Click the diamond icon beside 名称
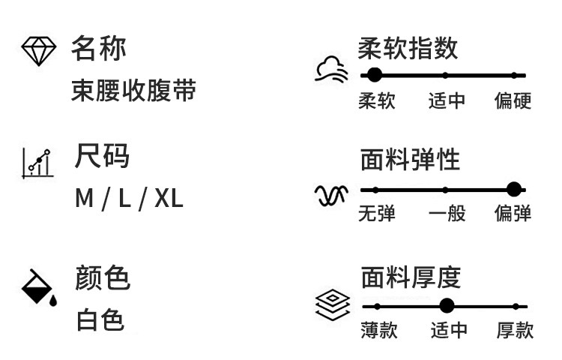[x=38, y=51]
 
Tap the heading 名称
[x=98, y=49]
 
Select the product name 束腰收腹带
[x=133, y=91]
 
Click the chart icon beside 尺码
[x=37, y=162]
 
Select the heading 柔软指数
[x=408, y=49]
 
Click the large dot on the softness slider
[x=375, y=75]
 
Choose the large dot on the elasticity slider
[x=513, y=190]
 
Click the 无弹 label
[x=377, y=214]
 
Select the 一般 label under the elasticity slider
[x=447, y=214]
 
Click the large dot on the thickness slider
[x=447, y=306]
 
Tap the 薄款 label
[x=378, y=330]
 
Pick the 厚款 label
[x=515, y=330]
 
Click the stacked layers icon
[x=333, y=307]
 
